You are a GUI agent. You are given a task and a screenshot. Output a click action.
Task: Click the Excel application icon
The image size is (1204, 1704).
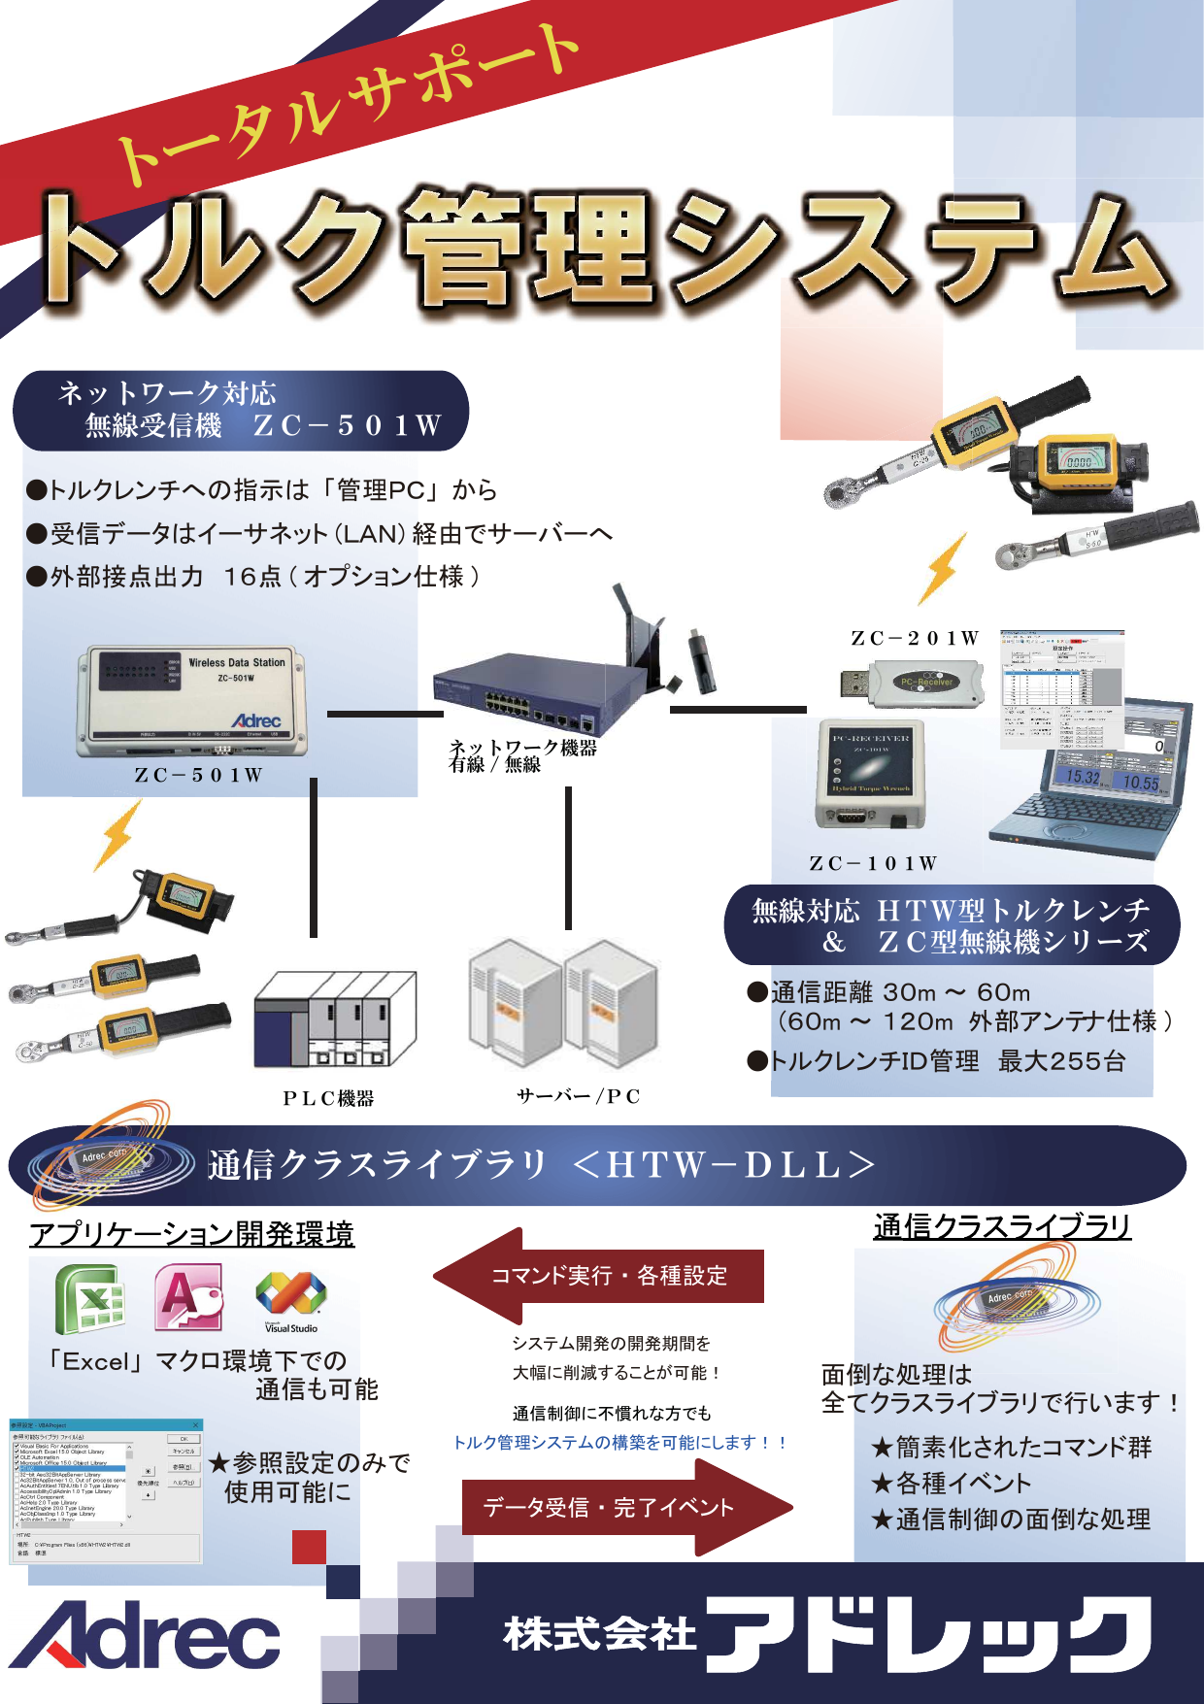pos(89,1299)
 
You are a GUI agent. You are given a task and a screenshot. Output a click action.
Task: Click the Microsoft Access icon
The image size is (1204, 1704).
pos(188,1297)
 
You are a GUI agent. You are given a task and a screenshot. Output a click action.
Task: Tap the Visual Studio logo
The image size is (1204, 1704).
pos(290,1299)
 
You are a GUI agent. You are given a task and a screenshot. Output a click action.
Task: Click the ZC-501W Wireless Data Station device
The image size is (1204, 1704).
pos(191,701)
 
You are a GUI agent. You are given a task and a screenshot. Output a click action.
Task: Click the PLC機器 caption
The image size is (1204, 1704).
pos(328,1098)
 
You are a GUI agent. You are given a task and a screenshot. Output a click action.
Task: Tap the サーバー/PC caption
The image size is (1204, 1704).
pos(578,1096)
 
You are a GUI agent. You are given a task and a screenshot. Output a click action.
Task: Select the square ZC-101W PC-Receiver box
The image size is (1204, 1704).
pos(870,773)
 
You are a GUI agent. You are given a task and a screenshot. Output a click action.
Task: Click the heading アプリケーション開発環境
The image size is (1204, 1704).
pos(191,1234)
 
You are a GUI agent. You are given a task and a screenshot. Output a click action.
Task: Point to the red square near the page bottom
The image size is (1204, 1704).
pos(309,1547)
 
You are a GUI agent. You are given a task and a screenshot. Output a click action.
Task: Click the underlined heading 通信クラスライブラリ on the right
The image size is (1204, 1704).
pos(1002,1226)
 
